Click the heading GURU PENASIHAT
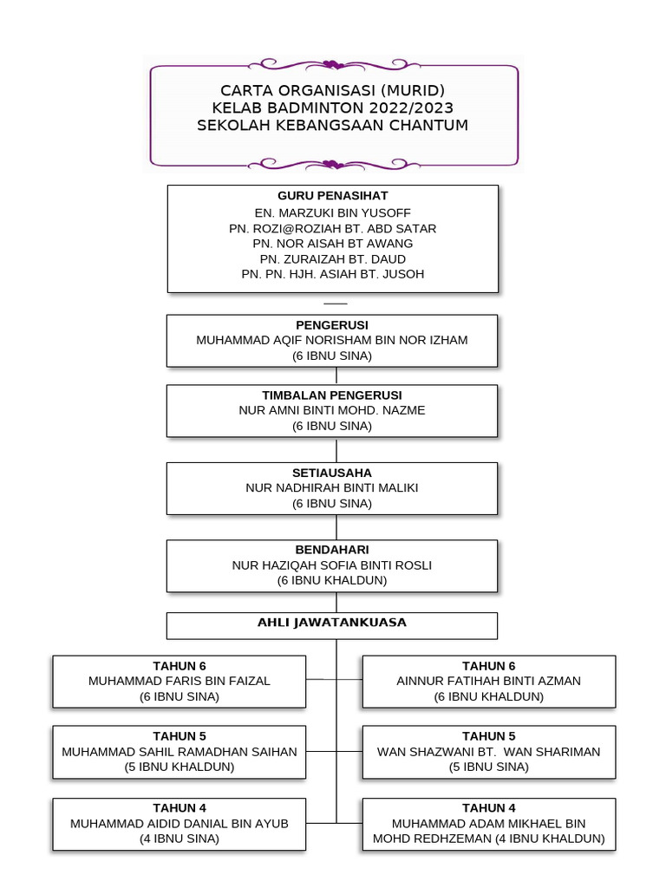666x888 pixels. point(332,196)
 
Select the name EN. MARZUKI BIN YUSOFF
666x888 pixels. point(332,212)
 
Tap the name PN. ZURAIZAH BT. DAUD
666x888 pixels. point(332,259)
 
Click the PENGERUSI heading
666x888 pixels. point(332,325)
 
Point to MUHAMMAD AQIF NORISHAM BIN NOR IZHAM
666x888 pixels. point(332,340)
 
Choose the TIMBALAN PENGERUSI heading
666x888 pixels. point(332,395)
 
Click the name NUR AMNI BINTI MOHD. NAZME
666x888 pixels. point(332,410)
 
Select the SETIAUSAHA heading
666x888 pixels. point(332,473)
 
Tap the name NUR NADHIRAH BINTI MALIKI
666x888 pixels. point(332,488)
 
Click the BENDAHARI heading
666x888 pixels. point(332,550)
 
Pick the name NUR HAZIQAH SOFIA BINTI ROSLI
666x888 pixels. point(332,565)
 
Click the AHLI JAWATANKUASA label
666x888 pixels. point(332,623)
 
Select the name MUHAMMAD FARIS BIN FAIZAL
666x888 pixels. point(180,682)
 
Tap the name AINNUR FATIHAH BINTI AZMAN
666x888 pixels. point(489,682)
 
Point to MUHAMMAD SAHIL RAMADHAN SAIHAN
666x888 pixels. point(180,752)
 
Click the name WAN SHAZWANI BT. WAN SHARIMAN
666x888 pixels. point(489,752)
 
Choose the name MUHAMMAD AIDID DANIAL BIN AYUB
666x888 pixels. point(180,823)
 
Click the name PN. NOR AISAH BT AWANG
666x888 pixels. point(332,244)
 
